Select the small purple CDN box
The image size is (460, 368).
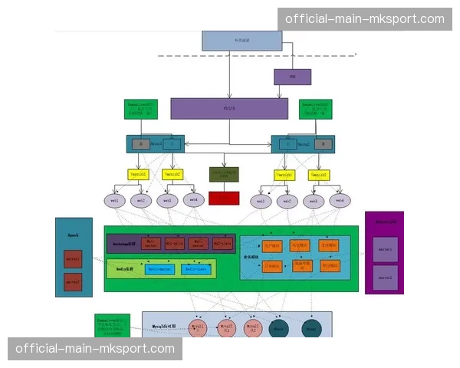coord(292,77)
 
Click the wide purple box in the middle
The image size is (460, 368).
coord(229,108)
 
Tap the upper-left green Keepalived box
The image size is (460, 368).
coord(141,108)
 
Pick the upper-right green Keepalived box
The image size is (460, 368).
coord(316,108)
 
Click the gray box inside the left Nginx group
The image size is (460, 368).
coord(140,143)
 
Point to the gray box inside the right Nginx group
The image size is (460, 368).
coord(323,143)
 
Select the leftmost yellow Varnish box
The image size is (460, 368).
coord(138,174)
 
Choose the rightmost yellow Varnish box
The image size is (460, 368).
coord(319,174)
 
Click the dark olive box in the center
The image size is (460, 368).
coord(224,174)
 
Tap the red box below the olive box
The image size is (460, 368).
coord(224,198)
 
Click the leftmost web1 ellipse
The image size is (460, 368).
coord(114,200)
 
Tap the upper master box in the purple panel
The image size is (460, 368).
coord(384,248)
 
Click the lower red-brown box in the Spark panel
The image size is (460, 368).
coord(73,281)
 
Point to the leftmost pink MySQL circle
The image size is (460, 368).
coord(198,328)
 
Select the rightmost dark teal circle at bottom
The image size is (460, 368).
coord(310,328)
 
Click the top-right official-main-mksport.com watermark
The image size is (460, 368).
coord(364,18)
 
